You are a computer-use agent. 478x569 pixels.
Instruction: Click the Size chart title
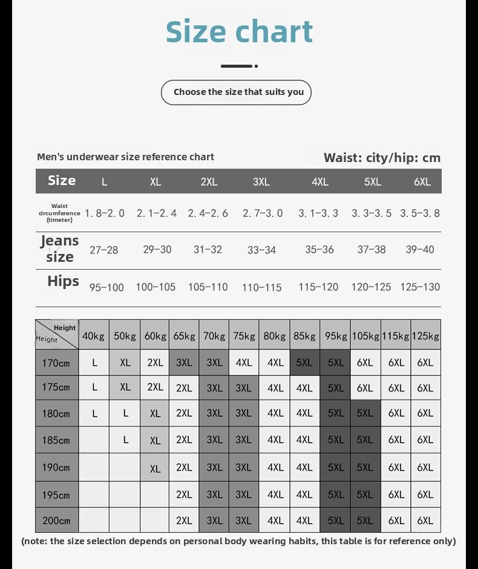tap(239, 31)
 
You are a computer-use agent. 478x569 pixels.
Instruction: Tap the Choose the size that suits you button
tap(236, 92)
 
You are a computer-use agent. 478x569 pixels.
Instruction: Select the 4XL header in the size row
tap(319, 181)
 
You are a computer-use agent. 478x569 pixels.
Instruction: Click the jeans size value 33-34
tap(261, 250)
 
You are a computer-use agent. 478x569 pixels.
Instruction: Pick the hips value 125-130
tap(420, 287)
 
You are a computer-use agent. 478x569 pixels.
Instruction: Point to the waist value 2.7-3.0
tap(263, 213)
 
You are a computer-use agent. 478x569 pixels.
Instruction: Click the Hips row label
tap(63, 281)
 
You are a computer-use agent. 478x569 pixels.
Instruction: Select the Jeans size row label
tap(60, 249)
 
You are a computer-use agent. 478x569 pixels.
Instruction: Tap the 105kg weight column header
tap(365, 336)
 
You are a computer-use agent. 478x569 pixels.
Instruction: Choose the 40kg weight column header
tap(94, 336)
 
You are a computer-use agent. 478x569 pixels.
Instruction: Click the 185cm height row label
tap(56, 440)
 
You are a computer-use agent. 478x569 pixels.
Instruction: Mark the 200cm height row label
tap(56, 520)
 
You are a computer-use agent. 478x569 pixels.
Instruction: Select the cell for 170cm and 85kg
tap(304, 362)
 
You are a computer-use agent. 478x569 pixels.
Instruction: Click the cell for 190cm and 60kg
tap(155, 468)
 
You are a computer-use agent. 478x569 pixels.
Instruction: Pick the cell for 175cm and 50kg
tap(125, 387)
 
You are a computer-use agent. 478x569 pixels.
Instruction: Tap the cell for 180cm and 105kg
tap(365, 413)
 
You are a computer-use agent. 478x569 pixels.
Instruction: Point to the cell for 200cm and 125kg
tap(425, 520)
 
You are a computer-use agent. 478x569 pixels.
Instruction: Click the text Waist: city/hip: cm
tap(382, 158)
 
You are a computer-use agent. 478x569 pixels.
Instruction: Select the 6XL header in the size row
tap(422, 181)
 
